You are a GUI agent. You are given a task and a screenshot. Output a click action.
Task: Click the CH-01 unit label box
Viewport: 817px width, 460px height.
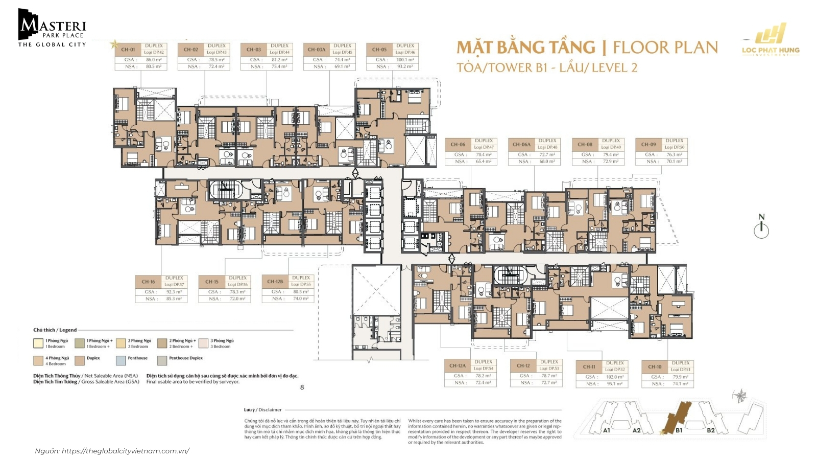click(x=128, y=50)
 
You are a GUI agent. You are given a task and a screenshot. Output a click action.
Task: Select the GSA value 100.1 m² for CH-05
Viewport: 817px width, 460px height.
click(x=405, y=60)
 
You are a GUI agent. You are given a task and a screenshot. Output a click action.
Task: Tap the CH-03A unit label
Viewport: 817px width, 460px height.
click(x=316, y=50)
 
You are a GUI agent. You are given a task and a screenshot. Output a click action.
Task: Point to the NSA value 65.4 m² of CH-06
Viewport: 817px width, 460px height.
click(x=484, y=162)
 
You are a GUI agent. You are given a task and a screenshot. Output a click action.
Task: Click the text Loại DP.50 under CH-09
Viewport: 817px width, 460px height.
click(x=674, y=147)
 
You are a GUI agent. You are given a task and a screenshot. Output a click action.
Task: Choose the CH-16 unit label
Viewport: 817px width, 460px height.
click(x=148, y=282)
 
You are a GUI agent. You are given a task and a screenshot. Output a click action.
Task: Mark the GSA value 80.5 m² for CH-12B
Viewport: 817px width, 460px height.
click(x=301, y=292)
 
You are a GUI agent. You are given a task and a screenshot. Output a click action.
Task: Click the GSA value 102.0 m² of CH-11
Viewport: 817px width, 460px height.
click(x=614, y=377)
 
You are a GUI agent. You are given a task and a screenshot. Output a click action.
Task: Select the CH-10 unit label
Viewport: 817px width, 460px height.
click(x=655, y=366)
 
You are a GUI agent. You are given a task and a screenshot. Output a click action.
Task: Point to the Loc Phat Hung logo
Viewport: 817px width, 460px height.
click(x=771, y=40)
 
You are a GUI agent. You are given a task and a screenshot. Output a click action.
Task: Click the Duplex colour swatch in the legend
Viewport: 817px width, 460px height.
click(x=79, y=360)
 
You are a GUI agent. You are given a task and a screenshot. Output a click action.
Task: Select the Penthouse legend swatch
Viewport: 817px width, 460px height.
click(x=121, y=360)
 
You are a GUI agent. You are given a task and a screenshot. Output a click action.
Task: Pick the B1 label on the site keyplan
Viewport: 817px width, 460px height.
click(x=679, y=430)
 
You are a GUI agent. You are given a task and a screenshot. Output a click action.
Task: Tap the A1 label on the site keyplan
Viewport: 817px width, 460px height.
click(x=607, y=430)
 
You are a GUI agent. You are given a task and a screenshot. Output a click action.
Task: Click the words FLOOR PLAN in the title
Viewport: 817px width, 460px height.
click(x=665, y=48)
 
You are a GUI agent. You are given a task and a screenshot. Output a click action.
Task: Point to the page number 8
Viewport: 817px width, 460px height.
click(x=302, y=387)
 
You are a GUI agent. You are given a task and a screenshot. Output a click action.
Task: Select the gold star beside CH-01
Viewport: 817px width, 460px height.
click(x=114, y=44)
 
